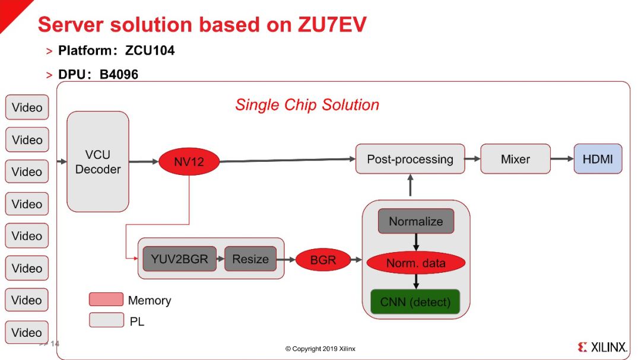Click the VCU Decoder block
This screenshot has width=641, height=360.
click(98, 161)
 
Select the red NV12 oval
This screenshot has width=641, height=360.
click(189, 162)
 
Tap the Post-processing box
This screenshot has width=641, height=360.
click(410, 159)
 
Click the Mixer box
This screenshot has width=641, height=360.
click(515, 159)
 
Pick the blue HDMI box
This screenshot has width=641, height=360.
click(598, 159)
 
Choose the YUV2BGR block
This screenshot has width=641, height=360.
click(179, 259)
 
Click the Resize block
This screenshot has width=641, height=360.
click(250, 259)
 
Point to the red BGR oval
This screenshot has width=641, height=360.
click(323, 260)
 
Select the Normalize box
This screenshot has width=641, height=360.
click(415, 221)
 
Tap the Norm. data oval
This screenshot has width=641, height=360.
click(415, 263)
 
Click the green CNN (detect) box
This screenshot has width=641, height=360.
click(415, 302)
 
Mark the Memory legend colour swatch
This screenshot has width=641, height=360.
click(106, 300)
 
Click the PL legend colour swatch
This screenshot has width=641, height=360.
click(106, 320)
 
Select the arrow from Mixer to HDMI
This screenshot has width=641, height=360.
click(561, 159)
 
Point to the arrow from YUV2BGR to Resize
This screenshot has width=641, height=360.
click(220, 259)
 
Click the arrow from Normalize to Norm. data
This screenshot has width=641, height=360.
click(415, 242)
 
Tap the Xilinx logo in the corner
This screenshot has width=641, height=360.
click(602, 348)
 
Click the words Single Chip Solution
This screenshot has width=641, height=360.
click(307, 105)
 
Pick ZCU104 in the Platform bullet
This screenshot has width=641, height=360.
click(150, 50)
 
